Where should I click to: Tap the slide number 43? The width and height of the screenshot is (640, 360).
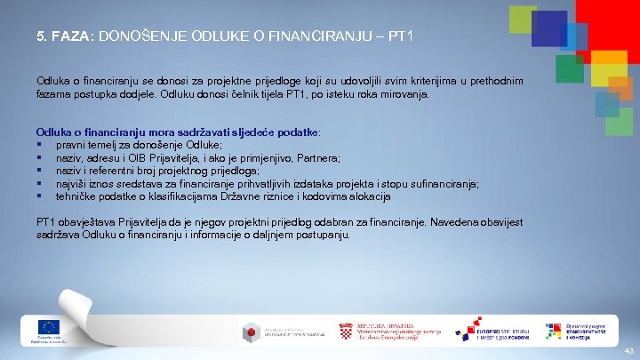click(628, 351)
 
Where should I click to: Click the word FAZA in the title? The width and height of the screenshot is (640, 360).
click(68, 37)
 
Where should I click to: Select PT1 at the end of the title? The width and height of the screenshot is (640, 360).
click(397, 37)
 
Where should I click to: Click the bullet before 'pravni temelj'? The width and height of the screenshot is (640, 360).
click(40, 145)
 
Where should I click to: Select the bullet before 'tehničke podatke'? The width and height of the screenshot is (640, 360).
click(40, 196)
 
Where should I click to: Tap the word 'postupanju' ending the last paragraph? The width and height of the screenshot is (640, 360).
click(325, 236)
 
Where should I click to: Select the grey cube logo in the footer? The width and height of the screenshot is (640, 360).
click(252, 332)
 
